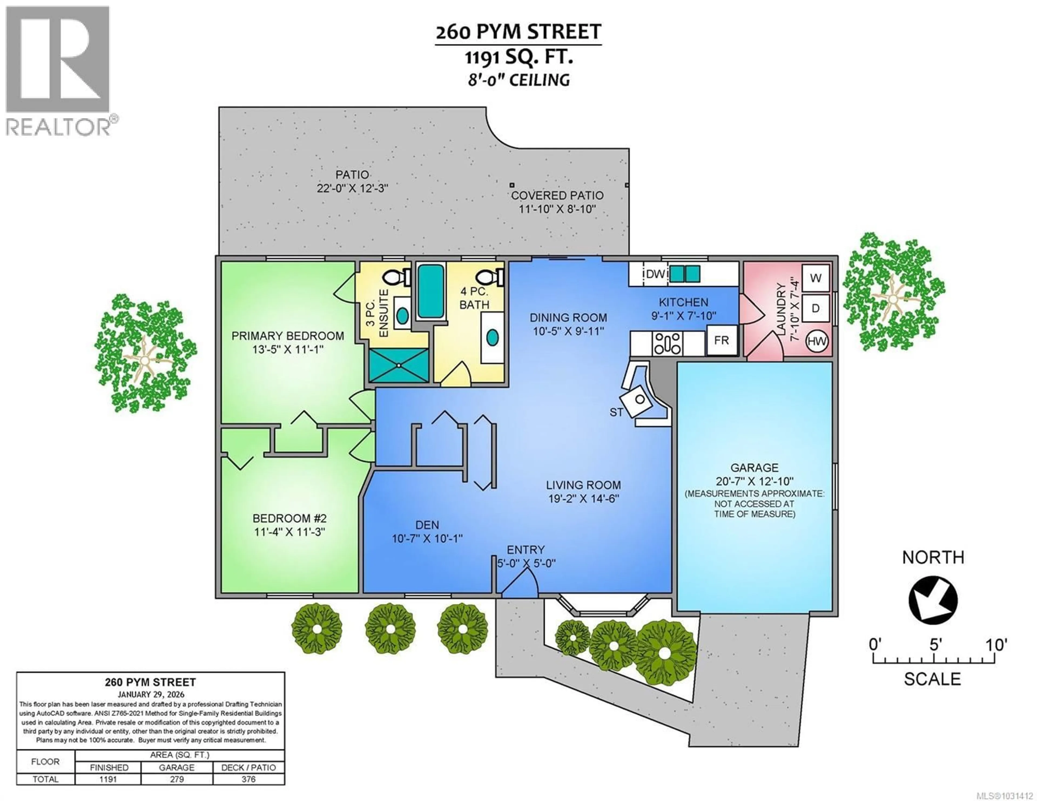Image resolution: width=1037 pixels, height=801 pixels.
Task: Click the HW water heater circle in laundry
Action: tap(817, 341)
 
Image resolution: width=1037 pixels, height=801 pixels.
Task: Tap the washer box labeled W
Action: tap(816, 278)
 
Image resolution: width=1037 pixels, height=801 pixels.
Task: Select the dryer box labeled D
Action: tap(816, 308)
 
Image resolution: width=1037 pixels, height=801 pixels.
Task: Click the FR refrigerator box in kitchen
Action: tap(721, 340)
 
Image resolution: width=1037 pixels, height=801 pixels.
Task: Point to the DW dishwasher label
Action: tap(655, 274)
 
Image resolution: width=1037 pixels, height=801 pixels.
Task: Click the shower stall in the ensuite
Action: tap(399, 365)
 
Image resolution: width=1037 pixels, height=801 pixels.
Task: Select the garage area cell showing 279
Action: tap(177, 779)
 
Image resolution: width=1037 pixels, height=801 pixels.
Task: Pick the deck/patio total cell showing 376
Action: tap(248, 779)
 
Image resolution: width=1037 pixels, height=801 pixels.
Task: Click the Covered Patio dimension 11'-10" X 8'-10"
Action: tap(557, 209)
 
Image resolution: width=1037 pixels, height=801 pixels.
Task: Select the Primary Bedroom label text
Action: tap(288, 336)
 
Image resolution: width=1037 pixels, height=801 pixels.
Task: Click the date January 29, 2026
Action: tap(150, 694)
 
